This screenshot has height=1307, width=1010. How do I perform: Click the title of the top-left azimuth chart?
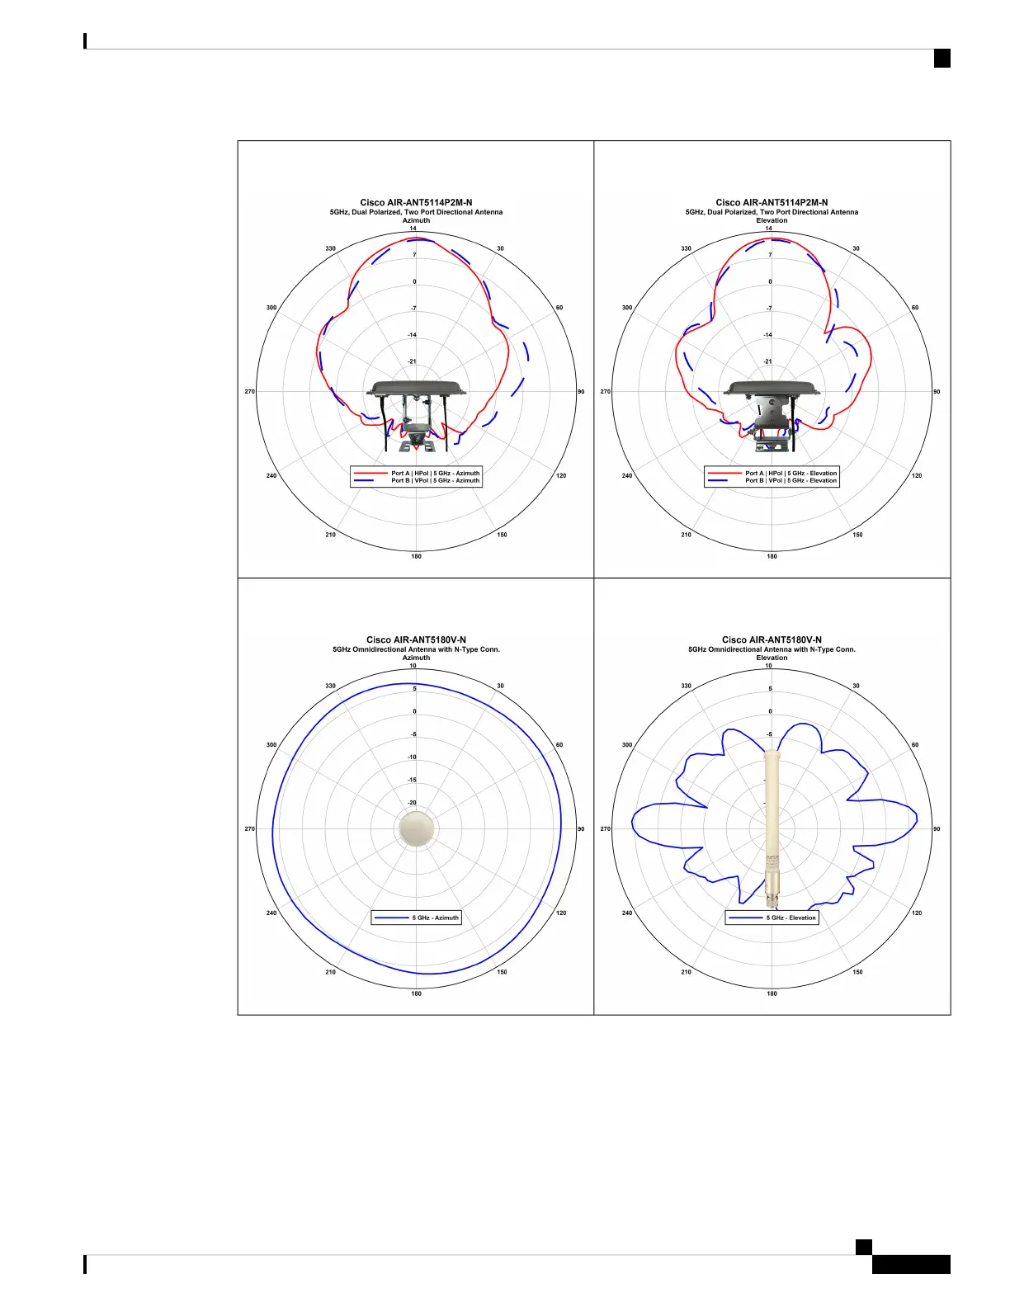pyautogui.click(x=416, y=203)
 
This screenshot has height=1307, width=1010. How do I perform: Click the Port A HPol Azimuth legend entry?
pyautogui.click(x=416, y=474)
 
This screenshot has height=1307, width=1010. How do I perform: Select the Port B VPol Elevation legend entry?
pyautogui.click(x=772, y=480)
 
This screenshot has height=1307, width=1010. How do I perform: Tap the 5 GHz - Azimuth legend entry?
pyautogui.click(x=416, y=918)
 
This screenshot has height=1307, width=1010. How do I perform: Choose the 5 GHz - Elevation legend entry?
pyautogui.click(x=772, y=918)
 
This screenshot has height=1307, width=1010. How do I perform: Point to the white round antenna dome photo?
pyautogui.click(x=416, y=828)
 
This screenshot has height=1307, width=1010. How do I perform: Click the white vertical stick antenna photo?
pyautogui.click(x=772, y=828)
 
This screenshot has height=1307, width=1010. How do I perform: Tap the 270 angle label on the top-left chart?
pyautogui.click(x=250, y=392)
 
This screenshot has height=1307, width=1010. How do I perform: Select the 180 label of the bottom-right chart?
pyautogui.click(x=772, y=993)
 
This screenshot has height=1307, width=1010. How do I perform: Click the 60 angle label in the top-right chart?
pyautogui.click(x=915, y=307)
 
